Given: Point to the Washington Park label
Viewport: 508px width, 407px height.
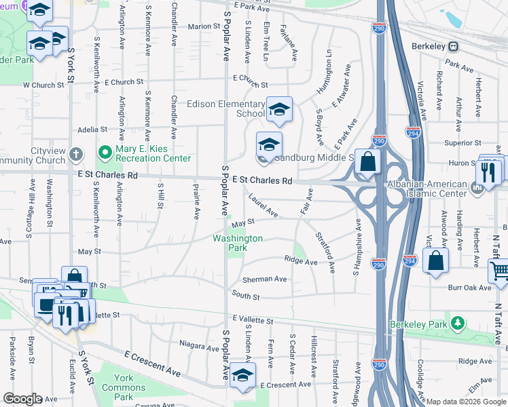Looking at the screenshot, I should point(238,243).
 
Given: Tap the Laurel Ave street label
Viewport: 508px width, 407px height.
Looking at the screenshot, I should point(263,206).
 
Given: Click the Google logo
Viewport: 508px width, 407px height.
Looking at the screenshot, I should point(22,399).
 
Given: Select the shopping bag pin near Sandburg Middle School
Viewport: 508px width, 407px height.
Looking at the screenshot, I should point(367,163).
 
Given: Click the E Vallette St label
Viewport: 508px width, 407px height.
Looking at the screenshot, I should point(253,319).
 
